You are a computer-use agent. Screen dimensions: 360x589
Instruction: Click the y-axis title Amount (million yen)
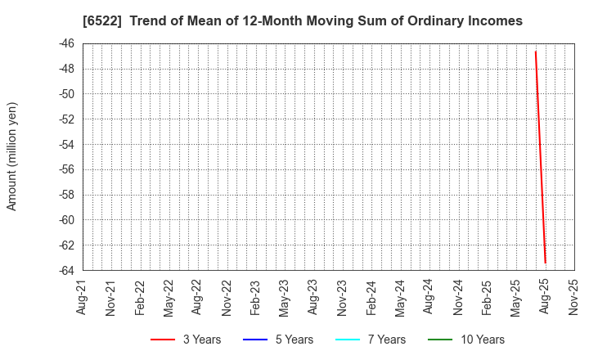11,156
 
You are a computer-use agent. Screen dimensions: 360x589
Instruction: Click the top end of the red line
535,52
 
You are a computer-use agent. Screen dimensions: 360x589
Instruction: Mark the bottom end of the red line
545,263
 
